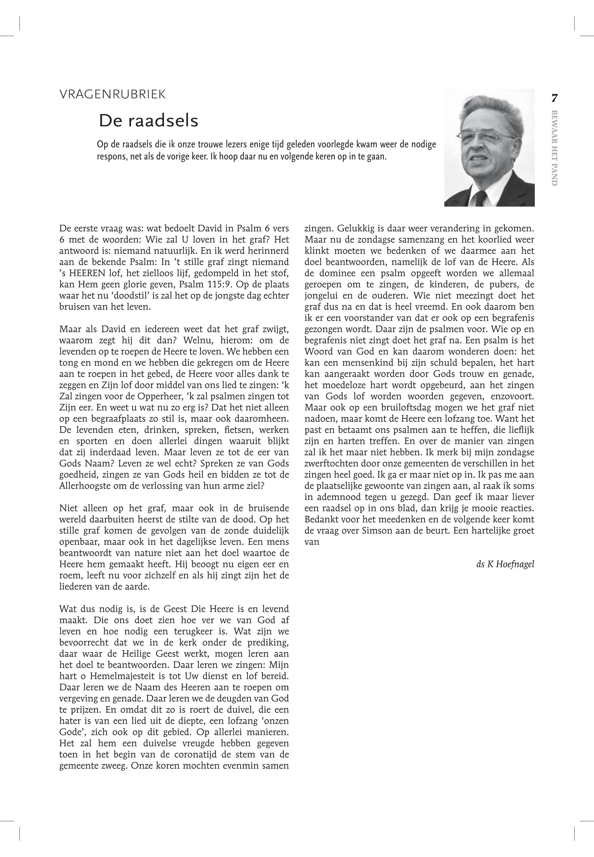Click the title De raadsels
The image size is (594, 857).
coord(148,121)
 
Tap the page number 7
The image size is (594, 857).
coord(554,98)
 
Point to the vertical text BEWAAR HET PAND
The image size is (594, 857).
coord(554,148)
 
